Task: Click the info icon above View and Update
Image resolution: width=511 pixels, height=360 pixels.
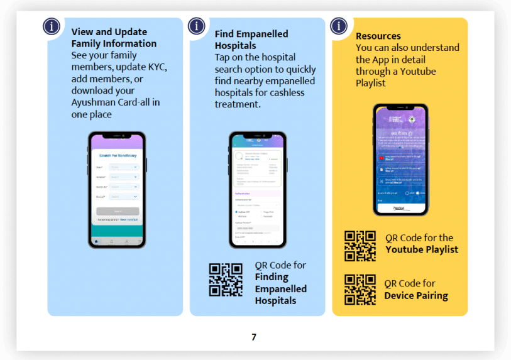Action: click(52, 26)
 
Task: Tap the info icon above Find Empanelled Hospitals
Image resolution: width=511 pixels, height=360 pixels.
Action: click(197, 26)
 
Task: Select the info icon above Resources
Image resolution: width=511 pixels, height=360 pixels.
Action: click(339, 26)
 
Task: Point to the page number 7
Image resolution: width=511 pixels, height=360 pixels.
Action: click(254, 337)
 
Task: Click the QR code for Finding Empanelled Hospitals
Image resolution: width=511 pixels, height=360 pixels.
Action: click(226, 280)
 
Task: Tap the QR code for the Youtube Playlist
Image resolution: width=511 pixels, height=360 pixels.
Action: click(360, 246)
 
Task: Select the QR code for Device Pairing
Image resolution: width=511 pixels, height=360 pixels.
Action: click(360, 289)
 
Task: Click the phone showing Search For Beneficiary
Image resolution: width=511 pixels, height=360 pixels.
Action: click(116, 189)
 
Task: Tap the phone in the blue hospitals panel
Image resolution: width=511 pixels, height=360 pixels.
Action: click(258, 189)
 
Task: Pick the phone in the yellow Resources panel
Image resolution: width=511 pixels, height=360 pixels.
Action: click(400, 160)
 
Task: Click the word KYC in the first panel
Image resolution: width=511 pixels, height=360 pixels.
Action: click(154, 67)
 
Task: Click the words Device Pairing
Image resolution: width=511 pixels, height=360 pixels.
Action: click(416, 295)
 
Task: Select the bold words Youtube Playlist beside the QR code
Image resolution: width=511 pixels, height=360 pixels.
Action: click(422, 249)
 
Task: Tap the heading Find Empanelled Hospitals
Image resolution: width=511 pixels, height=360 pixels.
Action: click(251, 40)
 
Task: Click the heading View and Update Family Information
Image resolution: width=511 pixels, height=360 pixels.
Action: click(114, 38)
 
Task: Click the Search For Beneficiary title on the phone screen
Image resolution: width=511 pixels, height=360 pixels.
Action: click(118, 155)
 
